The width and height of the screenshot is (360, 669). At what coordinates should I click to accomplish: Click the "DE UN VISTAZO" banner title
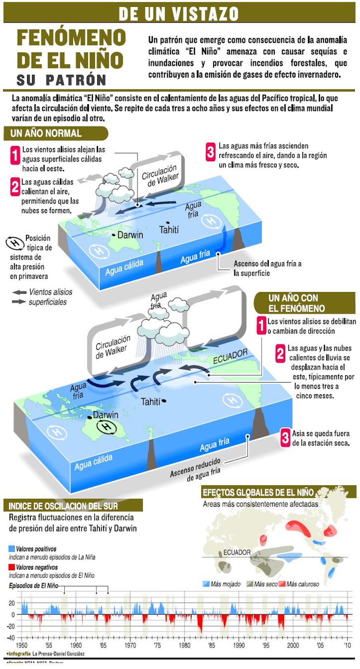(x=178, y=14)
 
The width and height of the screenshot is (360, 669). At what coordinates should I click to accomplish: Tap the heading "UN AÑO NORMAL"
(x=46, y=133)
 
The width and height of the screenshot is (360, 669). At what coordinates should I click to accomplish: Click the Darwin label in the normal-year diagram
(x=130, y=235)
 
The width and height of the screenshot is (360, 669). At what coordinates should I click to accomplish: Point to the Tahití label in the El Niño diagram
(x=151, y=401)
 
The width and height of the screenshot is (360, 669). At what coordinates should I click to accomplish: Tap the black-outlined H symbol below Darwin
(x=106, y=427)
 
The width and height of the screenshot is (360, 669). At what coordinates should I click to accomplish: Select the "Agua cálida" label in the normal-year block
(x=124, y=267)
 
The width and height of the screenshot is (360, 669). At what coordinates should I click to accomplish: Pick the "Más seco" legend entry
(x=262, y=584)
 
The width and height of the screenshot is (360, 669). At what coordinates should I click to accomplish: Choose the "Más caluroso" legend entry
(x=299, y=584)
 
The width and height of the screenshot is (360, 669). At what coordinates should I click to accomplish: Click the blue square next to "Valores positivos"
(x=12, y=548)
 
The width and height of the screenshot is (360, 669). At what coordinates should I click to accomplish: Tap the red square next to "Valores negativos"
(x=12, y=567)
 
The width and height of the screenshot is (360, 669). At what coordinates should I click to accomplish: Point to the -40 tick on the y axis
(x=11, y=638)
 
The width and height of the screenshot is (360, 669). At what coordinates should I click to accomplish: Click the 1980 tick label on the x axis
(x=184, y=645)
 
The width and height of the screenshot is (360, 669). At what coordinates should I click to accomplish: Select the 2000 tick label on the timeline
(x=293, y=645)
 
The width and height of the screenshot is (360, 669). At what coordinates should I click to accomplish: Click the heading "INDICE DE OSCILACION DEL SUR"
(x=63, y=506)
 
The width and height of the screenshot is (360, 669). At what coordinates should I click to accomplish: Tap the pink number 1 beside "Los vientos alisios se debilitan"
(x=261, y=325)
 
